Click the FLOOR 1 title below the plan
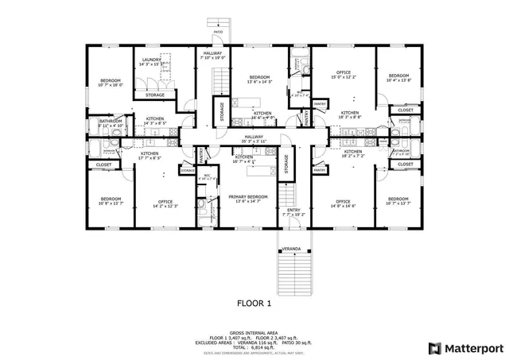pyautogui.click(x=254, y=303)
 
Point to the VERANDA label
pyautogui.click(x=293, y=250)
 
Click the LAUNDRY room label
pyautogui.click(x=152, y=60)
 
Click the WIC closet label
pyautogui.click(x=207, y=176)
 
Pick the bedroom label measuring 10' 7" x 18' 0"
pyautogui.click(x=110, y=81)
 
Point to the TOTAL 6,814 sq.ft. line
pyautogui.click(x=254, y=347)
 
